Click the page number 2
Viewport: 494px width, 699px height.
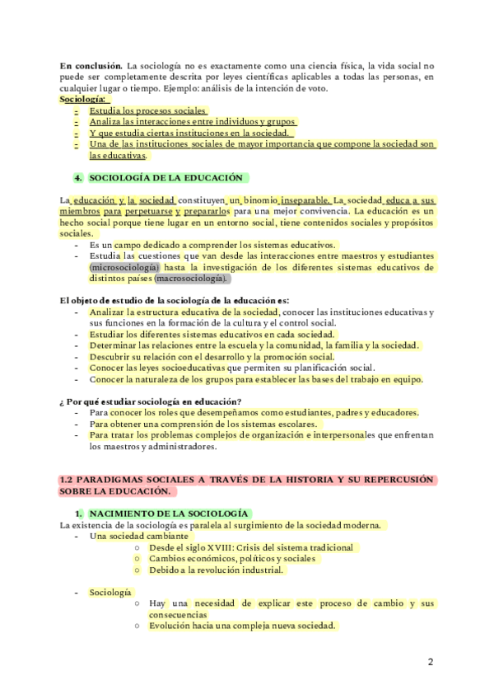click(x=431, y=662)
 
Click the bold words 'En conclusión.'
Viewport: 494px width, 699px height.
click(x=90, y=64)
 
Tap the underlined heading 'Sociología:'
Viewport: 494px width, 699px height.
click(x=82, y=99)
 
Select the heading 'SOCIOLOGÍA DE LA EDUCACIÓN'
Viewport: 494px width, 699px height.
click(x=165, y=177)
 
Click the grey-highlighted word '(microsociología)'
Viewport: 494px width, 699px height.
click(x=125, y=267)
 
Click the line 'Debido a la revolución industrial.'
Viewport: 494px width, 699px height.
click(x=216, y=570)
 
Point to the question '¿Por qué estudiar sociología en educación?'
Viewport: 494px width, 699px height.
click(x=149, y=401)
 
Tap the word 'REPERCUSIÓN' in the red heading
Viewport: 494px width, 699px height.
click(x=394, y=480)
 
